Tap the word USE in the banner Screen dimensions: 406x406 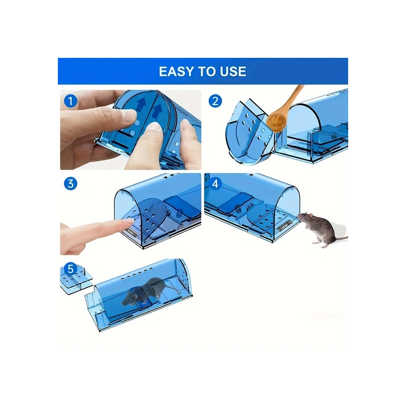click(x=233, y=71)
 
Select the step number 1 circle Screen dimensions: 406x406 click(x=70, y=101)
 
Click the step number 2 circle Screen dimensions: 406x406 click(x=215, y=101)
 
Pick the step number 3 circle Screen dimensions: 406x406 click(x=70, y=184)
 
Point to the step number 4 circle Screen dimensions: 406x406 click(x=215, y=184)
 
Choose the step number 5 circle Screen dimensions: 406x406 click(x=70, y=269)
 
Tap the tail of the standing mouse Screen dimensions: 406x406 click(x=339, y=238)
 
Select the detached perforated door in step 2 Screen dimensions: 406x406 click(x=249, y=133)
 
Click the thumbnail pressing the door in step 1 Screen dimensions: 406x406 click(x=129, y=115)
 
